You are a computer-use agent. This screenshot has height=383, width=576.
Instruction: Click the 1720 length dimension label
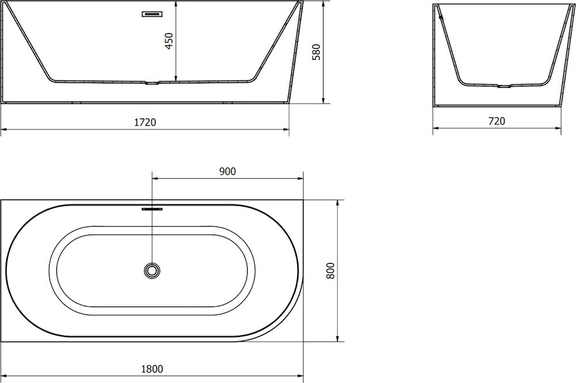click(x=145, y=122)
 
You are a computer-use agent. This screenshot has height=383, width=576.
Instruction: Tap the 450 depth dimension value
click(x=169, y=41)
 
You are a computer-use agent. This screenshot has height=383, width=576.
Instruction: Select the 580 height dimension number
click(x=316, y=52)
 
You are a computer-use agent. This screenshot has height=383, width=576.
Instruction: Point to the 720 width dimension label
click(x=497, y=121)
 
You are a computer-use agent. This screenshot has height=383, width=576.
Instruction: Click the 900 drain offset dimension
click(x=228, y=171)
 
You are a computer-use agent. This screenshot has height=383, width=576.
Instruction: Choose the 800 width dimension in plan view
click(x=331, y=271)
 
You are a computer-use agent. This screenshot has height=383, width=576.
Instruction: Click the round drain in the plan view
click(x=151, y=270)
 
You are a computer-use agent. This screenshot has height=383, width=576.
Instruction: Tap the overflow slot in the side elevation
click(x=153, y=14)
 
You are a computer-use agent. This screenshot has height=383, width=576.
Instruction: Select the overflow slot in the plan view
click(x=151, y=209)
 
